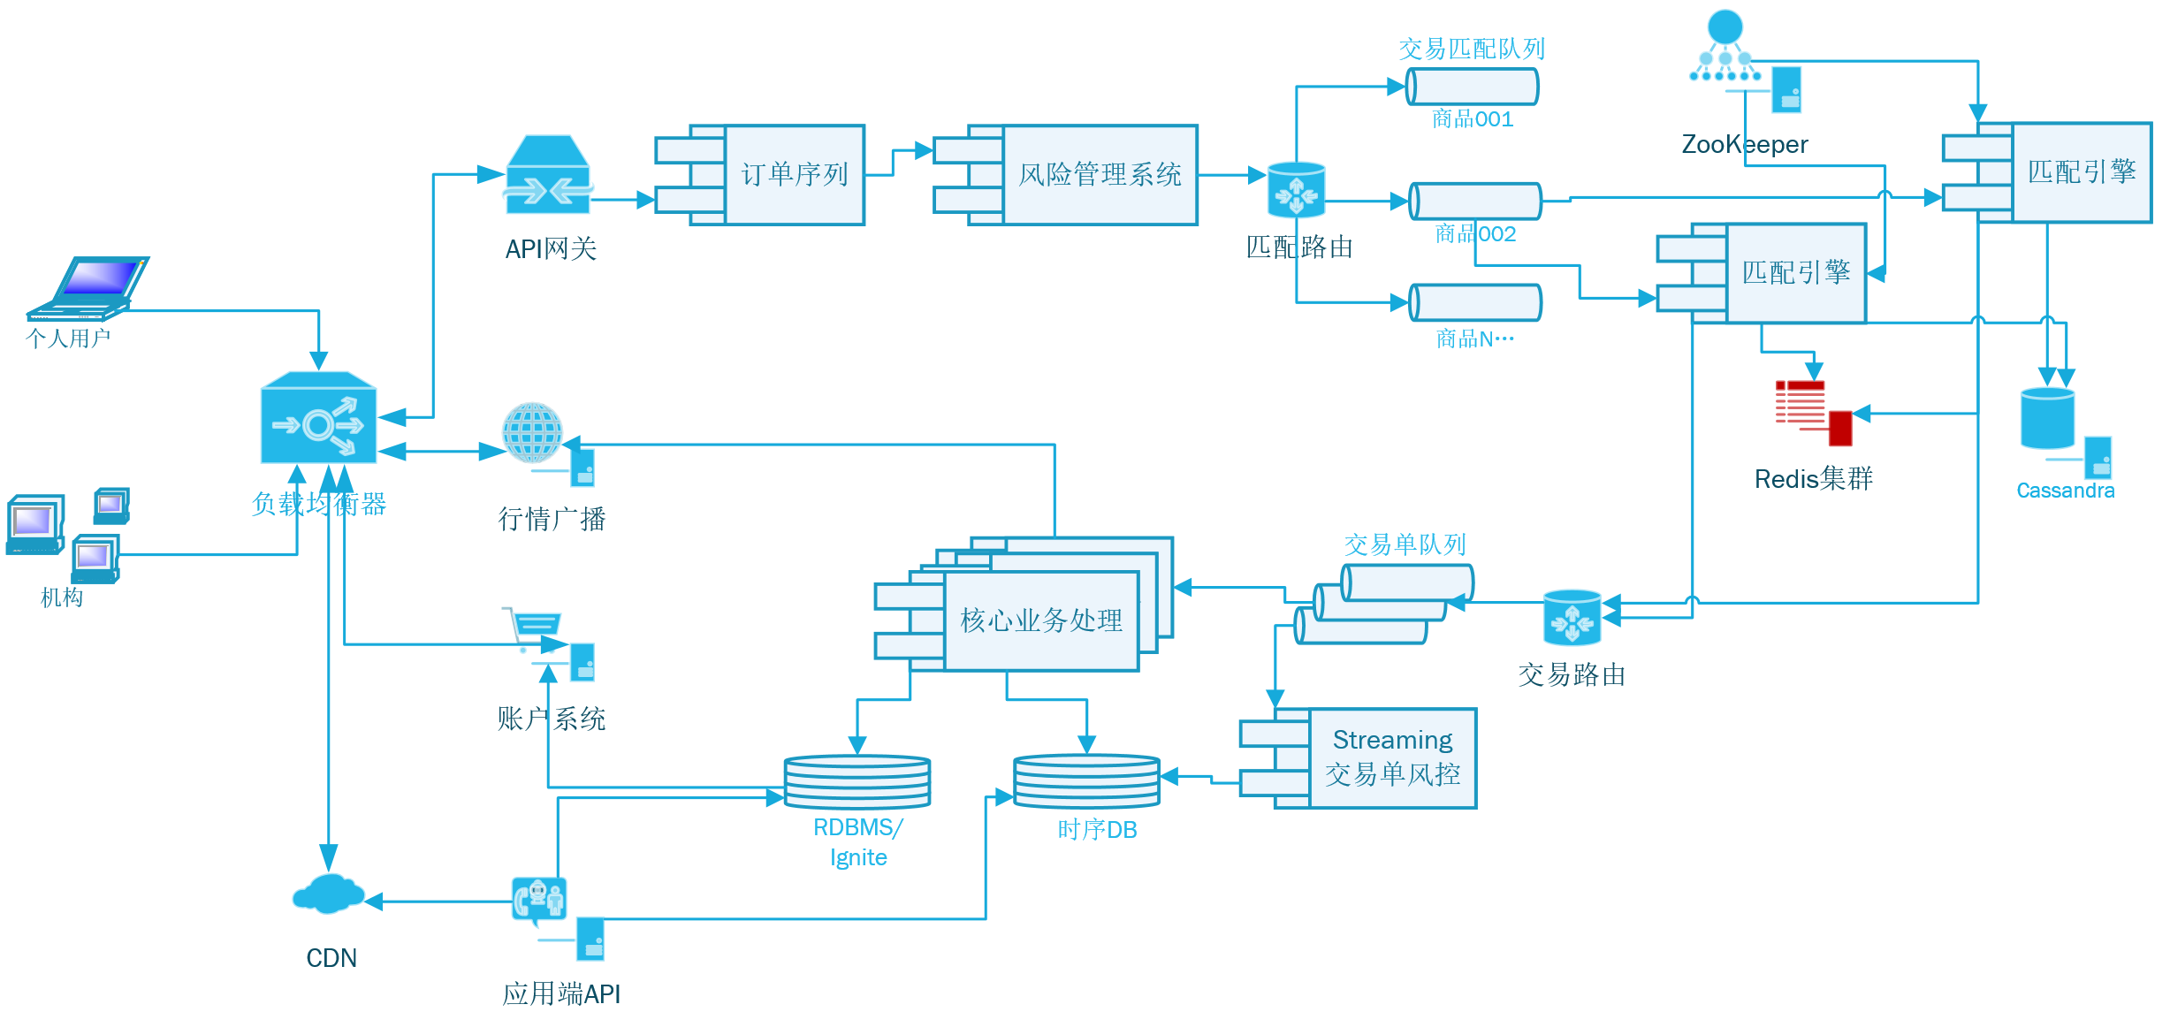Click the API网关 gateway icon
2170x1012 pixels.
(x=548, y=175)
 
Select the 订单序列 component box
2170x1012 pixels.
(x=793, y=175)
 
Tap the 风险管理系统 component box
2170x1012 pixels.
(x=1099, y=175)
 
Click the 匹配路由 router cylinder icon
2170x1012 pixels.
(x=1296, y=190)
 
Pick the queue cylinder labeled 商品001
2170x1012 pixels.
(x=1472, y=87)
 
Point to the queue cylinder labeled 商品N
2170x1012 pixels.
(x=1474, y=302)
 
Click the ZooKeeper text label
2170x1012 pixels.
(x=1744, y=144)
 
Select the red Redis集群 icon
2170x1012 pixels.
(x=1812, y=412)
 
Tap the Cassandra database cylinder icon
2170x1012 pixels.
(x=2047, y=418)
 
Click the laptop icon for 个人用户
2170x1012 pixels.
(x=88, y=287)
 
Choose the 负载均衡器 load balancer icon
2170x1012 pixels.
(x=318, y=418)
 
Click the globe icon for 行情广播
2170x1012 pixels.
(x=532, y=433)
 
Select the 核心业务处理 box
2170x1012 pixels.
(x=1040, y=620)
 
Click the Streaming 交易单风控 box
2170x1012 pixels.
(x=1391, y=757)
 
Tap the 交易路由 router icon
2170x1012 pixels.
(x=1572, y=618)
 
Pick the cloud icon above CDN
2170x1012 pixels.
(x=328, y=894)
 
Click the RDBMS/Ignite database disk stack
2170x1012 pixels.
(x=857, y=781)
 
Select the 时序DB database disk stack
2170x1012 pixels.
(x=1086, y=780)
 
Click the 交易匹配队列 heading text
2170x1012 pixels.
(x=1472, y=49)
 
